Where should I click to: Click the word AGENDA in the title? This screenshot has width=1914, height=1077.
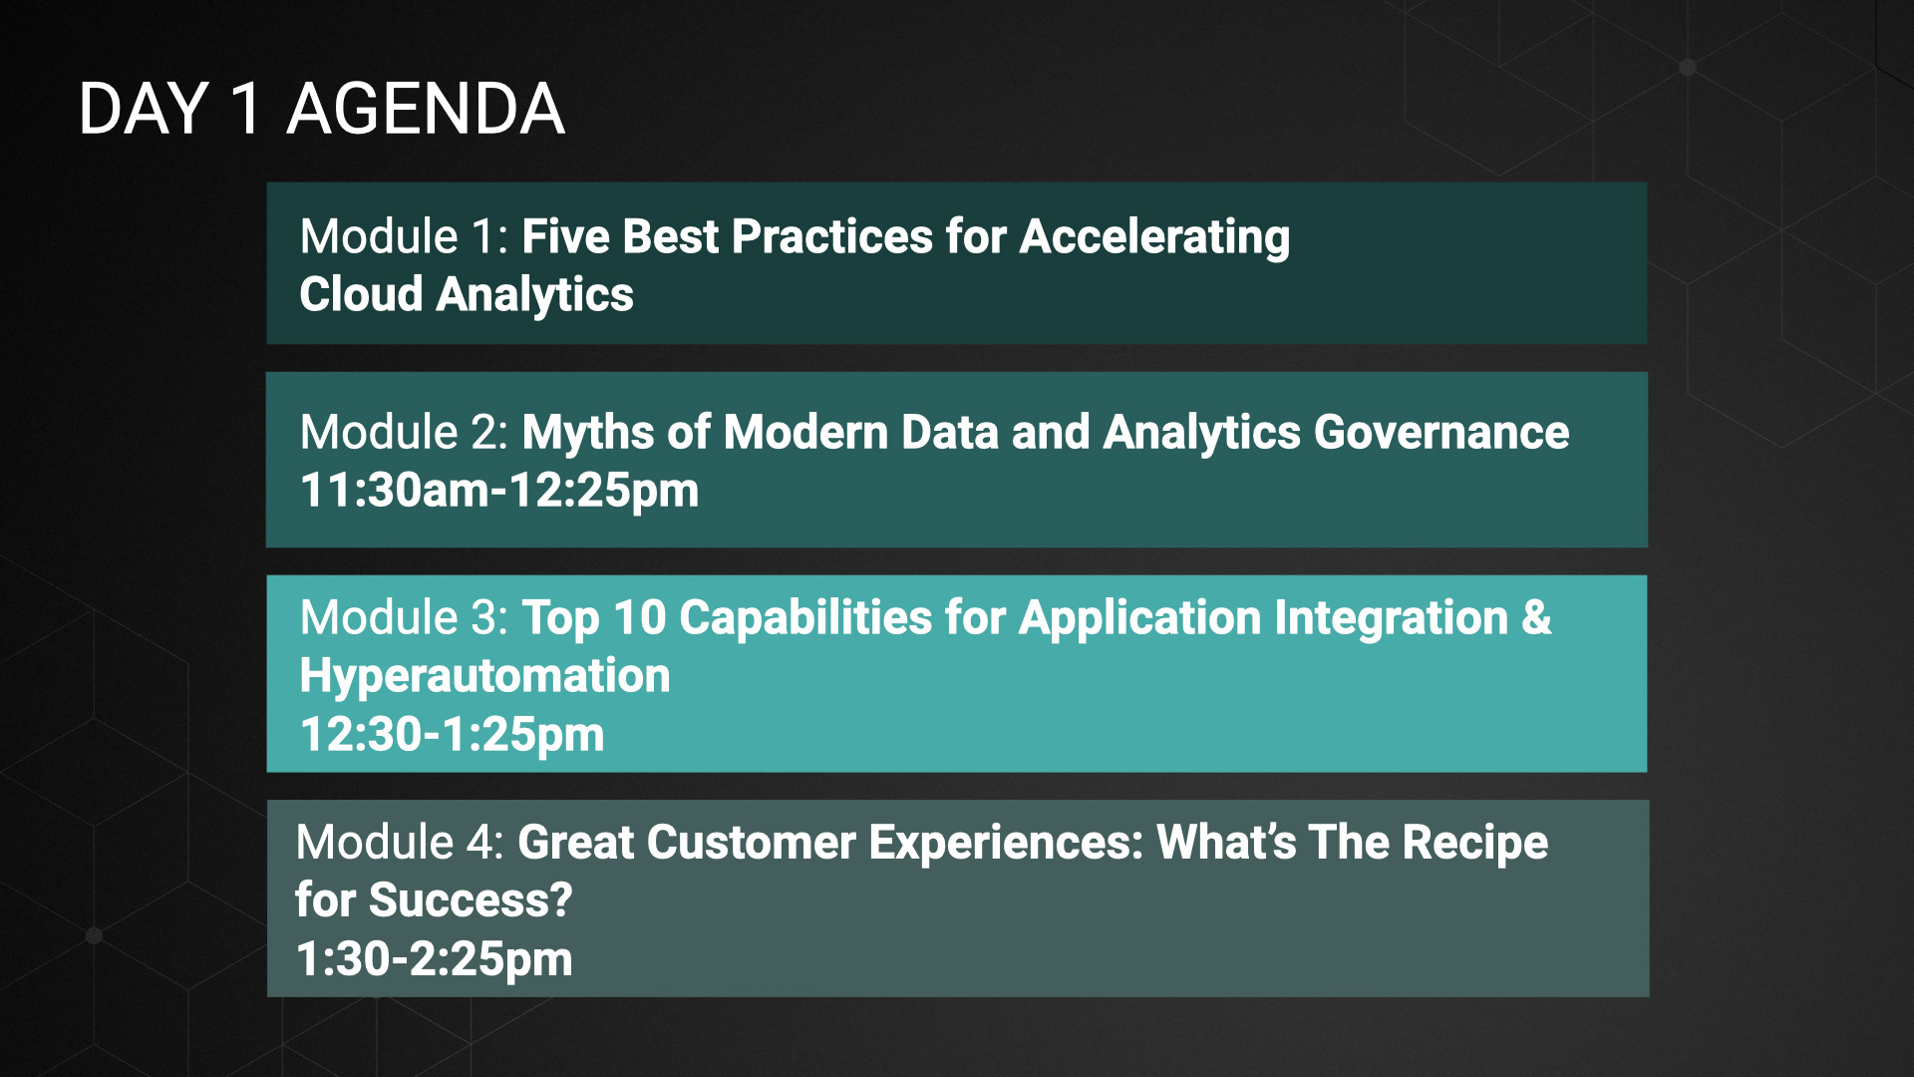(x=426, y=109)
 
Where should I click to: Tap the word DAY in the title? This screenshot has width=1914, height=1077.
(x=144, y=109)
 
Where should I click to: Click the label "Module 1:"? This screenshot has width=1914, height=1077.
(x=405, y=236)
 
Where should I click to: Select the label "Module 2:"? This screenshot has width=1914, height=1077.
(x=405, y=432)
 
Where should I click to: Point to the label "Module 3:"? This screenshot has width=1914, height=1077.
(x=405, y=617)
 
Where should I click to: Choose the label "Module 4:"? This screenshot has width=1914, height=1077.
(x=401, y=842)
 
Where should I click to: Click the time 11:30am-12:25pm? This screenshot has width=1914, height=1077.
(x=499, y=491)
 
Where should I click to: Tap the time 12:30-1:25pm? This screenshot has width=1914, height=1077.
(x=453, y=735)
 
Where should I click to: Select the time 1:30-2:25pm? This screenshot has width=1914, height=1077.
(x=435, y=959)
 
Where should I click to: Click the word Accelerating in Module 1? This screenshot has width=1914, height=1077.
(x=1154, y=238)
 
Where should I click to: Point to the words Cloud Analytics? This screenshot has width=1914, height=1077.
(x=467, y=295)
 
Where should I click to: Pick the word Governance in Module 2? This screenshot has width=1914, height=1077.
(x=1441, y=432)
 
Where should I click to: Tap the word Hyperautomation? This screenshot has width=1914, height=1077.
(x=485, y=677)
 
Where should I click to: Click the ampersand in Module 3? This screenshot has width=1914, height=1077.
(x=1537, y=617)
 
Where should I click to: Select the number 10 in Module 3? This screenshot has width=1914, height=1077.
(x=640, y=618)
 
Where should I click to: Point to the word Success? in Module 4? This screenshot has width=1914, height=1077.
(x=471, y=899)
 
